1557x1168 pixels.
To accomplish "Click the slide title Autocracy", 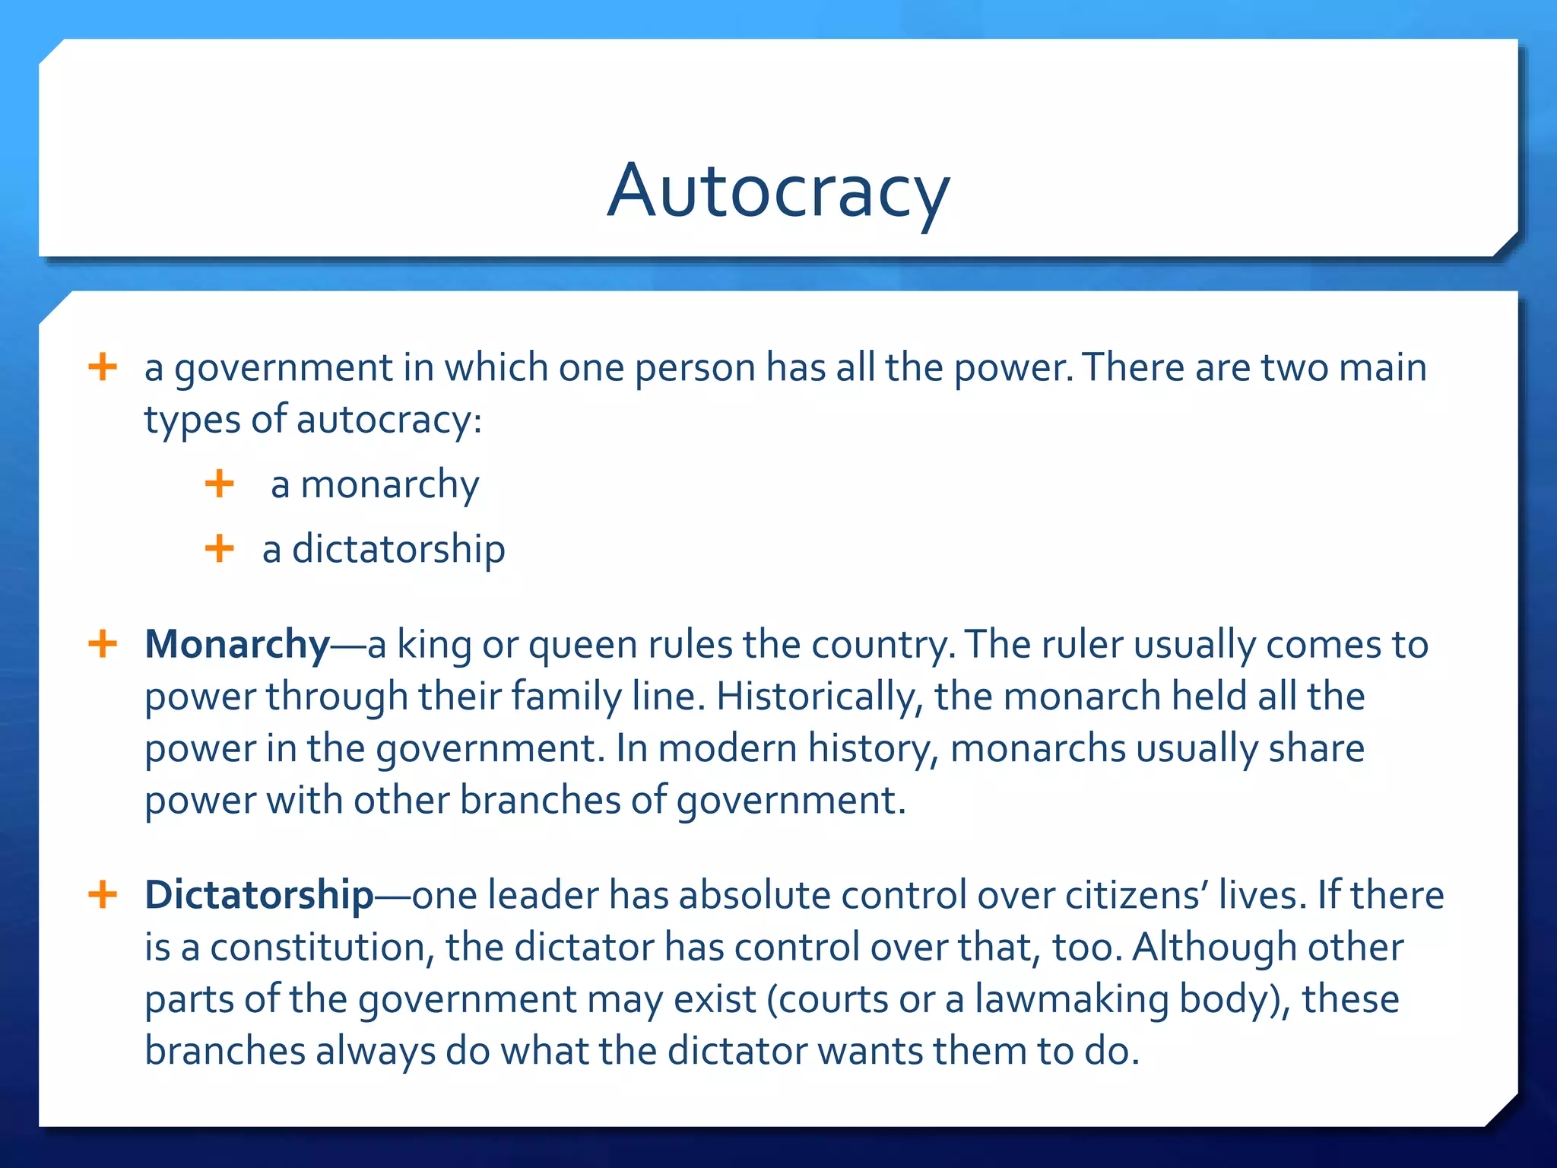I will pos(778,191).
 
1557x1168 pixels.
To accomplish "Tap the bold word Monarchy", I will pos(237,645).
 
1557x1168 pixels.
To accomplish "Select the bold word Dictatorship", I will pos(259,895).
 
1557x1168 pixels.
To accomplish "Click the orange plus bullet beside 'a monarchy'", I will pos(220,484).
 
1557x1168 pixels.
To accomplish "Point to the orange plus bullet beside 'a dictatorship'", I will pos(220,548).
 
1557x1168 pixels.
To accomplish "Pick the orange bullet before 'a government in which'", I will pos(103,367).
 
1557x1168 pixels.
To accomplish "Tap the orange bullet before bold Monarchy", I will pos(103,645).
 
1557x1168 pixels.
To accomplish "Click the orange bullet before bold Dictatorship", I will pos(103,895).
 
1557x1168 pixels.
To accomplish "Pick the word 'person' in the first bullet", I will pos(695,369).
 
